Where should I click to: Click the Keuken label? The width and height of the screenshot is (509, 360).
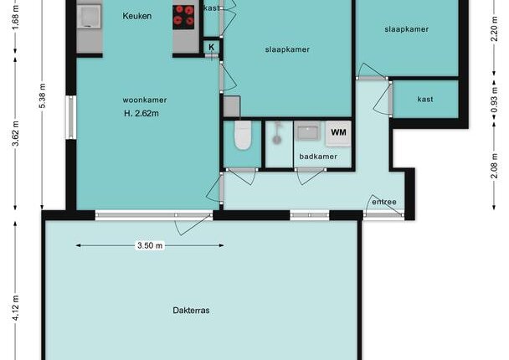tap(136, 16)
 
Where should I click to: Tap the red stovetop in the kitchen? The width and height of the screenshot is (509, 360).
tap(183, 18)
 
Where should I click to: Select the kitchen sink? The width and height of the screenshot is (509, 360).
tap(89, 17)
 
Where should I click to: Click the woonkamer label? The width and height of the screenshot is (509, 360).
tap(145, 100)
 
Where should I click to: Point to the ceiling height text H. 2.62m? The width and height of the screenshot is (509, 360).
tap(141, 114)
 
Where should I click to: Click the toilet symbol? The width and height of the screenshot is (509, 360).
tap(243, 136)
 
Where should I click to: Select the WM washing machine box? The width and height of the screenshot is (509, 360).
tap(338, 133)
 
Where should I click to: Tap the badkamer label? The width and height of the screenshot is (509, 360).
tap(318, 157)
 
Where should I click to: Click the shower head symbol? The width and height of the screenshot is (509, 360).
tap(276, 133)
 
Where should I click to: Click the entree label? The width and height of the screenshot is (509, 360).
tap(384, 202)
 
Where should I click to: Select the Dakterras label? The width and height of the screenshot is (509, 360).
tap(191, 311)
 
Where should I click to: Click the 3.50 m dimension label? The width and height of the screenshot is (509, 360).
tap(150, 245)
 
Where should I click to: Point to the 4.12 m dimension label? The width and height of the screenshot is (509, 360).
tap(15, 308)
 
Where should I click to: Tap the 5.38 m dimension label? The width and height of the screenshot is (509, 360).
tap(42, 95)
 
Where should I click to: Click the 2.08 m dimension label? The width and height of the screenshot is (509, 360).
tap(494, 166)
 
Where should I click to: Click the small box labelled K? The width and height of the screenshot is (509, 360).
tap(211, 48)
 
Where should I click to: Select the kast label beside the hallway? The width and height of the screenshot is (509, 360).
tap(425, 100)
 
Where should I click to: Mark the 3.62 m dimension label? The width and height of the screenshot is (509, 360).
tap(15, 133)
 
